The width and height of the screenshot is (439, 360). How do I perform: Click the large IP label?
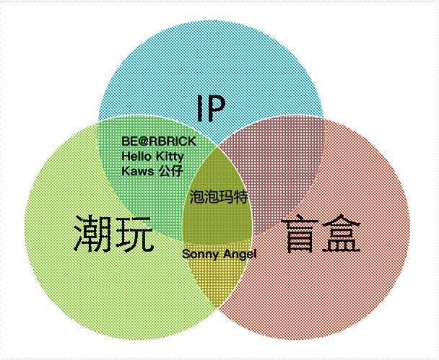point(211,108)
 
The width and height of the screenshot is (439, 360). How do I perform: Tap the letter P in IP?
point(216,108)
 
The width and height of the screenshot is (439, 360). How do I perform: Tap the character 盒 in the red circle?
point(341,233)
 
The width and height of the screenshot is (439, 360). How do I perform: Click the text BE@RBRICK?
point(159,141)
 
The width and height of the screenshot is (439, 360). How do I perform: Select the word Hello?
point(136,156)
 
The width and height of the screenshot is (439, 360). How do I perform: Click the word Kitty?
point(170,157)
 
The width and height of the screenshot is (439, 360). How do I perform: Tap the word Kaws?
point(138,171)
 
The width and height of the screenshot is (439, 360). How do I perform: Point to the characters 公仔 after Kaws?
point(170,171)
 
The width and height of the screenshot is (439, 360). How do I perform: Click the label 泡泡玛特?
point(219,197)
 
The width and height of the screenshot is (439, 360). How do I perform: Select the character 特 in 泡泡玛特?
point(241,197)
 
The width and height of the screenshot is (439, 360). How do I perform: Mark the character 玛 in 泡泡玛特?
point(227,197)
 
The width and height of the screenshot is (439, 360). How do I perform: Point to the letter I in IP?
point(200,108)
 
